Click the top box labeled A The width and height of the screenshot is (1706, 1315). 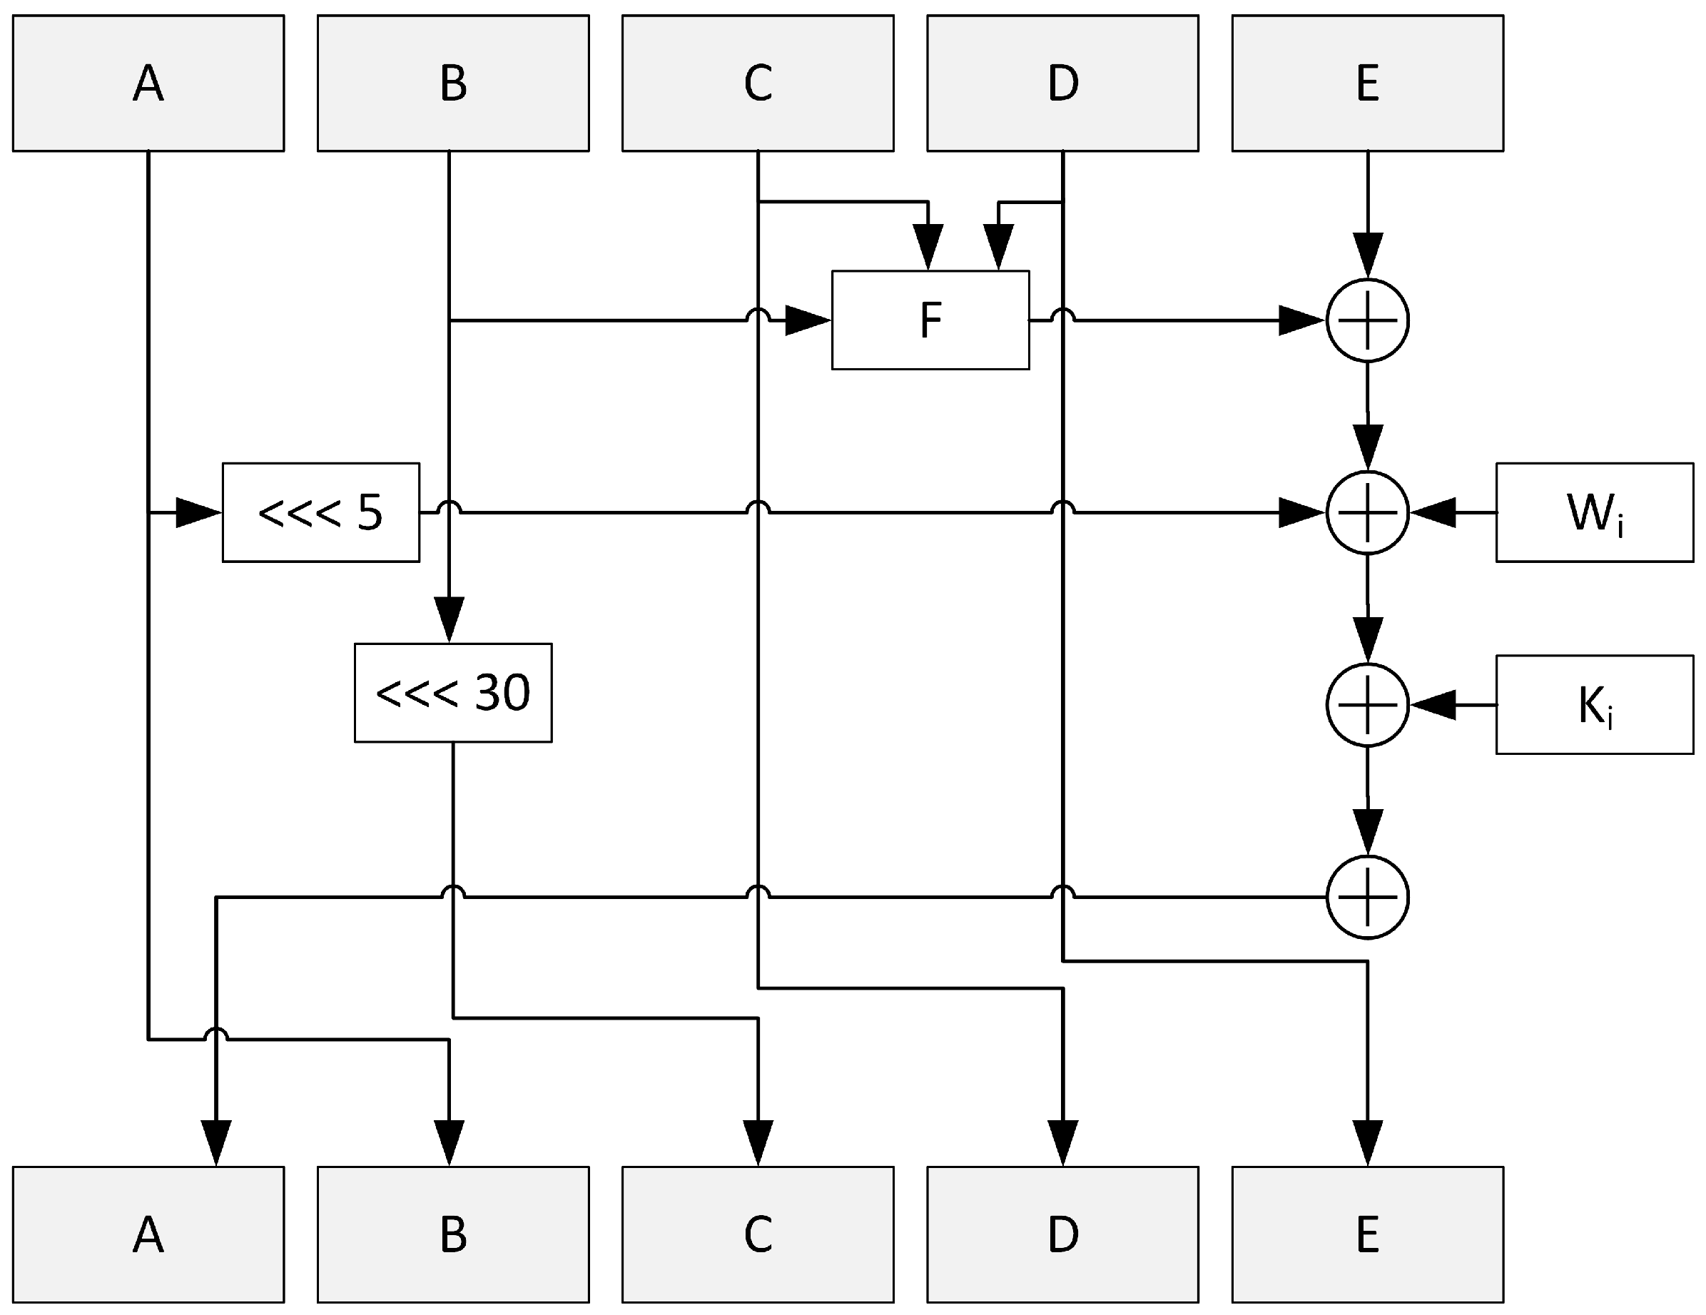pyautogui.click(x=148, y=83)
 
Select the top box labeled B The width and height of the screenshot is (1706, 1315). pyautogui.click(x=453, y=83)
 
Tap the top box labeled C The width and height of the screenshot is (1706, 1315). pyautogui.click(x=758, y=83)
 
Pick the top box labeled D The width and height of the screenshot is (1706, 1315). pyautogui.click(x=1062, y=83)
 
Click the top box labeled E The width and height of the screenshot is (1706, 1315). pyautogui.click(x=1367, y=83)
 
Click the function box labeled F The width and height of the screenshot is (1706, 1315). pyautogui.click(x=930, y=320)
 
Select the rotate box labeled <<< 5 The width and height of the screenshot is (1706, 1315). pyautogui.click(x=321, y=512)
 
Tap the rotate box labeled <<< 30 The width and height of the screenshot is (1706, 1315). pyautogui.click(x=453, y=693)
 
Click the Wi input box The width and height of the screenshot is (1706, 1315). pyautogui.click(x=1594, y=512)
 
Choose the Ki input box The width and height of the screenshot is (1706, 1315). pyautogui.click(x=1594, y=705)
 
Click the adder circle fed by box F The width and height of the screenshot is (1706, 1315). pyautogui.click(x=1367, y=320)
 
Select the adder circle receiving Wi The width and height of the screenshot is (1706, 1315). pyautogui.click(x=1367, y=512)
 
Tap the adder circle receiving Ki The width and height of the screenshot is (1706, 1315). pyautogui.click(x=1367, y=705)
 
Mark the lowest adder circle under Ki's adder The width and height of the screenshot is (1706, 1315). pyautogui.click(x=1367, y=897)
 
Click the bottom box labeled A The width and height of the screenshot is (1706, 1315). pyautogui.click(x=148, y=1234)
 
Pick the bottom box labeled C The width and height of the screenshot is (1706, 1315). pyautogui.click(x=758, y=1234)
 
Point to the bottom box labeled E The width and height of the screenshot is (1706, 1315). pyautogui.click(x=1367, y=1234)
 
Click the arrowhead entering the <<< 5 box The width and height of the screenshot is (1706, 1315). pyautogui.click(x=199, y=512)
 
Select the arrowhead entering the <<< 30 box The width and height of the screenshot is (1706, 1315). pyautogui.click(x=449, y=619)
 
